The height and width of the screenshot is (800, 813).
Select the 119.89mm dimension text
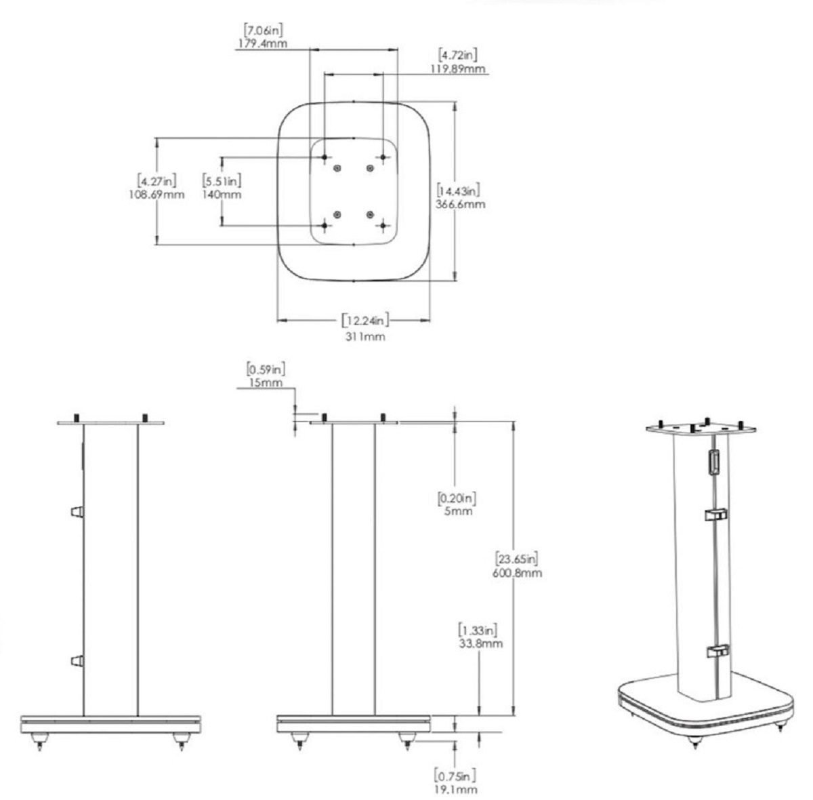click(458, 69)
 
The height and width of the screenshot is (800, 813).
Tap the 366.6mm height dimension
click(460, 205)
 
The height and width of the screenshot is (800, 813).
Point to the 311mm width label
click(365, 337)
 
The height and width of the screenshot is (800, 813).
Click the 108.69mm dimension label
click(157, 195)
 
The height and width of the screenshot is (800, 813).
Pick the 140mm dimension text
click(222, 195)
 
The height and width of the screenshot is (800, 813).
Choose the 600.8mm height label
click(517, 573)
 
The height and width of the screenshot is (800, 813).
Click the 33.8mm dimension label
click(480, 643)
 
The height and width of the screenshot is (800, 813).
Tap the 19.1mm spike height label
click(456, 789)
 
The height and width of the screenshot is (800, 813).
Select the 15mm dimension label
click(266, 383)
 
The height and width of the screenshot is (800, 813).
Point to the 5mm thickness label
click(458, 511)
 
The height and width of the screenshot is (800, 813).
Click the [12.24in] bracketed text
click(365, 321)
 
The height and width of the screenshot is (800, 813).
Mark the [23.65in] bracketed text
click(517, 559)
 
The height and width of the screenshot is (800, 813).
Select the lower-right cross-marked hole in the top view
click(383, 226)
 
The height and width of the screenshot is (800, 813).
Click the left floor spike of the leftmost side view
click(40, 741)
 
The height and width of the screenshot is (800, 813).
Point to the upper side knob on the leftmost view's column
click(77, 512)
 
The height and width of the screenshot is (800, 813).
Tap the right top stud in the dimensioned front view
click(383, 418)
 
